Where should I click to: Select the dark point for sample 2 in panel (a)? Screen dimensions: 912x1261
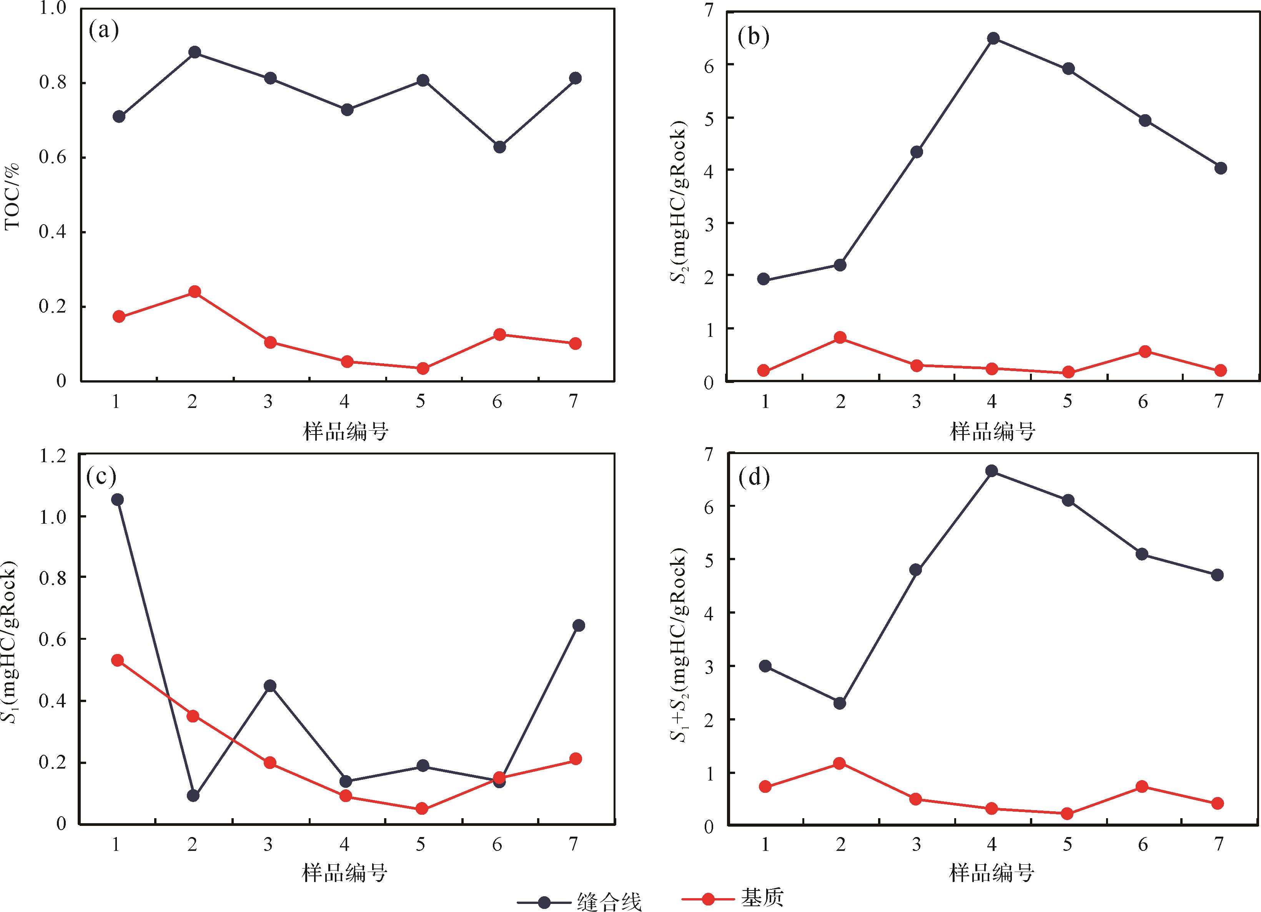point(195,53)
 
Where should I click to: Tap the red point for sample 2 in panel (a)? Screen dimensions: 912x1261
point(195,292)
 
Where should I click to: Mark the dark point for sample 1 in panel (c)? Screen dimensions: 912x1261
point(117,500)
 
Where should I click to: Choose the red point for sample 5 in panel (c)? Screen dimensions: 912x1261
point(423,809)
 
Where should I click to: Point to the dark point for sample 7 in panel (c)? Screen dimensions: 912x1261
point(578,626)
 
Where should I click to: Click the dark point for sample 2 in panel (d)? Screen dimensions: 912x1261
point(840,704)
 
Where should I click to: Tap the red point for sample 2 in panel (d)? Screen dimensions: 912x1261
point(840,763)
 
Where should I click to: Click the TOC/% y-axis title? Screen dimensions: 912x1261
point(12,196)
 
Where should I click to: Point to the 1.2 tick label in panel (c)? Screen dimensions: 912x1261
point(52,456)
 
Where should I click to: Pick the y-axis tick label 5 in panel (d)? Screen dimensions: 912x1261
point(708,559)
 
